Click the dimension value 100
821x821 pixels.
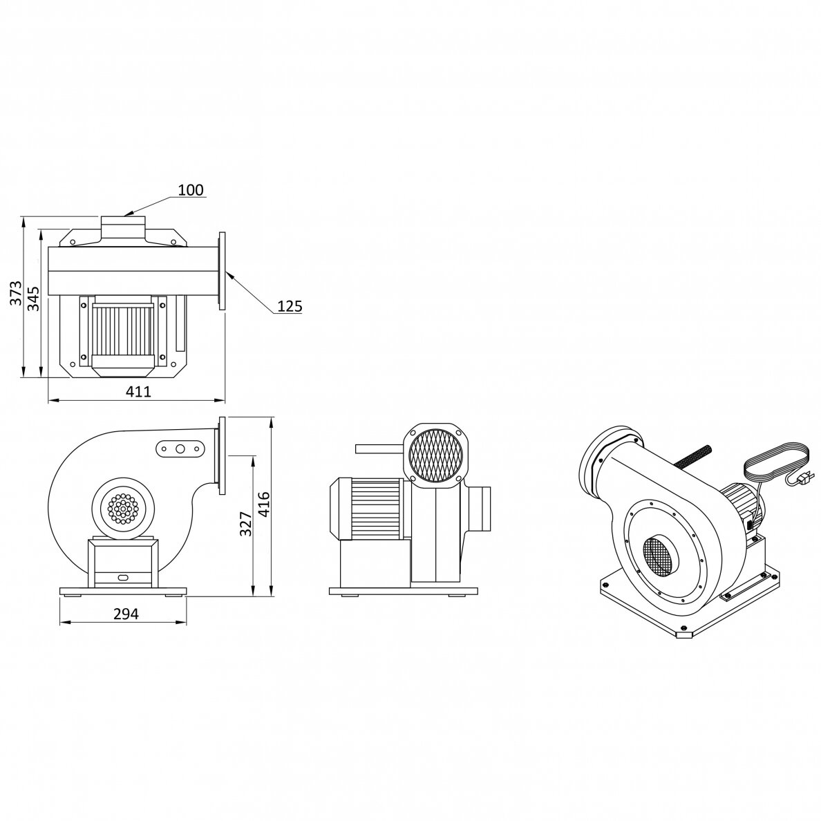[191, 189]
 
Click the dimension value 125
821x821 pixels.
[290, 305]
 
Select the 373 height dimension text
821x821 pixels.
[16, 293]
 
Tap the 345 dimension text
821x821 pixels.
[33, 298]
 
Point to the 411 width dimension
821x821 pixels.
[139, 391]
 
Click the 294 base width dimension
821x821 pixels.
[126, 613]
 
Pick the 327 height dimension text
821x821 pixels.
[245, 524]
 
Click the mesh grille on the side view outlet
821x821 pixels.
[436, 455]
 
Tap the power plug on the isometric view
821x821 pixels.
[805, 477]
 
